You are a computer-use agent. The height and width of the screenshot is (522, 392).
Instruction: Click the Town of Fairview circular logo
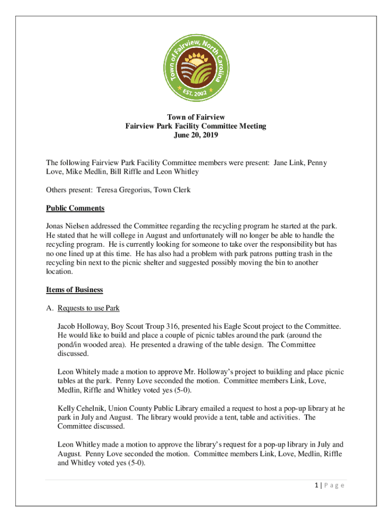coord(196,66)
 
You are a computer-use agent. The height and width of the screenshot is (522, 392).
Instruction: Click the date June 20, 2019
coord(196,136)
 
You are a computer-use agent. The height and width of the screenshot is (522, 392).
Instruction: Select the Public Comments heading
coord(75,208)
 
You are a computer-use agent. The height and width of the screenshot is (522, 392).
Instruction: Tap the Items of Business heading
coord(74,290)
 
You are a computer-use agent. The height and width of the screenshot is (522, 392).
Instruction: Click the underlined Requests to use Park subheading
coord(89,308)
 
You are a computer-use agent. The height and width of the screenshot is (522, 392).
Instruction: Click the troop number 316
coord(174,326)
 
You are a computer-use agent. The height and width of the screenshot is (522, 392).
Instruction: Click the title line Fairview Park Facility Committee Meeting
coord(196,126)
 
